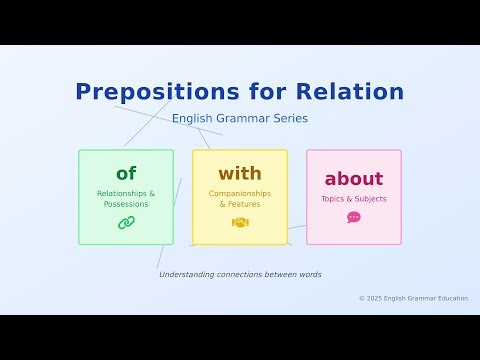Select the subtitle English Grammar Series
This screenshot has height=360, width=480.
pos(240,118)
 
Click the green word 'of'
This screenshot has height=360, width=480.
pos(126,174)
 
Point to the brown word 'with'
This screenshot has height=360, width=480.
pos(240,174)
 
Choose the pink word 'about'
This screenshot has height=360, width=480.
pos(354,179)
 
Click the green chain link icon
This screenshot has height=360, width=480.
pos(126,222)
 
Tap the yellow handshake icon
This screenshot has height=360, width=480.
pos(240,222)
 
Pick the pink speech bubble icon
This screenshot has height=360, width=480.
pos(354,217)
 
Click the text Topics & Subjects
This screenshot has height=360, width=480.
pos(354,199)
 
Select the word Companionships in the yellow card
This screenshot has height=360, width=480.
pos(240,193)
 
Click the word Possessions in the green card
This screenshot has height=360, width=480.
pos(126,204)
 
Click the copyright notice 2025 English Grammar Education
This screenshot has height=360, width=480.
pos(413,298)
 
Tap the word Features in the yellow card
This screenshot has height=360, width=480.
pos(243,204)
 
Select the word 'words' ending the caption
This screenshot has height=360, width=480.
pos(308,274)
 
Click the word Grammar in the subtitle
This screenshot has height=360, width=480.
pos(243,118)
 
